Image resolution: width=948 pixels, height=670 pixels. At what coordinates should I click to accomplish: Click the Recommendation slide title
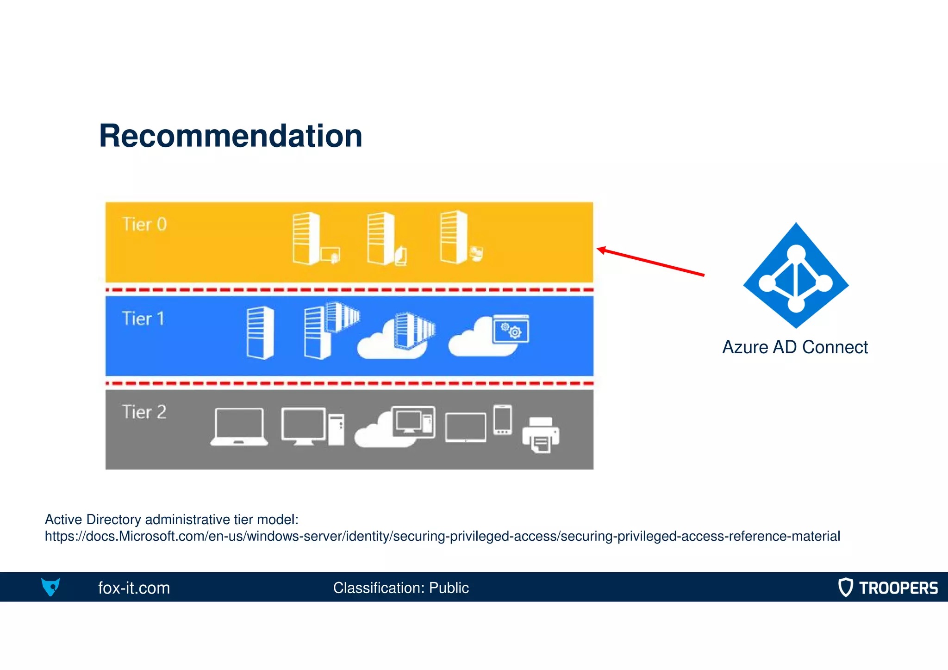[231, 136]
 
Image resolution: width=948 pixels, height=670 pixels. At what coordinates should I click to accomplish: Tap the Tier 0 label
[144, 225]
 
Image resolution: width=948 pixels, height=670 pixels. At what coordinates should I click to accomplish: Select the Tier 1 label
[143, 319]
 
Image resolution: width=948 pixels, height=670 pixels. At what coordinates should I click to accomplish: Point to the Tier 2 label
[144, 412]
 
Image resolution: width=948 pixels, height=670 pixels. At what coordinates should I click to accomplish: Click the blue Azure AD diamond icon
[796, 276]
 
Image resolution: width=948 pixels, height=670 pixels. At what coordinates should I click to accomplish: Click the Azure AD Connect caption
[795, 347]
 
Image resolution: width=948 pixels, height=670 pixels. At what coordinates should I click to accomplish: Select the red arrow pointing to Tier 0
[650, 262]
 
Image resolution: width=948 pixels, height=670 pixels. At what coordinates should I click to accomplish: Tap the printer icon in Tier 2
[541, 435]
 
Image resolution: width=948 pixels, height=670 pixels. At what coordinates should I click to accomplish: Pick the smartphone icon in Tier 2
[503, 420]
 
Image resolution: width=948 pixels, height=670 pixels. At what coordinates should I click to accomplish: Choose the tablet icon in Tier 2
[466, 428]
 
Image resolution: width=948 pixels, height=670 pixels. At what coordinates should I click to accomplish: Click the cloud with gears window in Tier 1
[490, 336]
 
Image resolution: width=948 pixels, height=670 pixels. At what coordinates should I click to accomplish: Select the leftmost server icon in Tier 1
[260, 332]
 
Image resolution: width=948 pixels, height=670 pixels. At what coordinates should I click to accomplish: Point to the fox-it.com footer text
[134, 588]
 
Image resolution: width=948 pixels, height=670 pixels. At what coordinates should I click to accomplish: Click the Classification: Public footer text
[401, 588]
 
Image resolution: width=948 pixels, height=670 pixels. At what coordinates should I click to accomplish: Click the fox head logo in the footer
[50, 587]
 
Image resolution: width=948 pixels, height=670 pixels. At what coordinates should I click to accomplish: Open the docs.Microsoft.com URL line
[442, 536]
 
